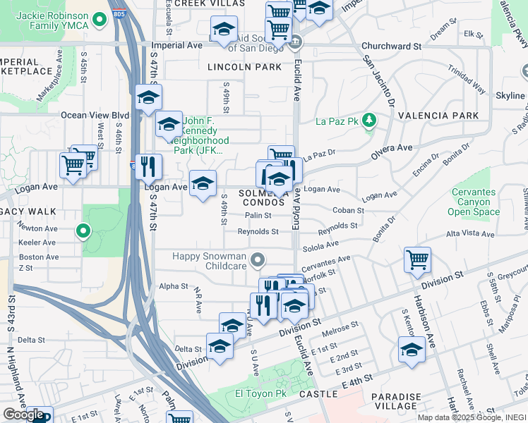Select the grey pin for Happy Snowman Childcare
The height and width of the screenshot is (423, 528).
258,261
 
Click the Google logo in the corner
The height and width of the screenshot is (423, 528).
23,415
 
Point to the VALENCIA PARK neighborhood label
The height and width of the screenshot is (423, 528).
438,116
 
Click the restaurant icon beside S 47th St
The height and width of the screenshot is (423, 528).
148,166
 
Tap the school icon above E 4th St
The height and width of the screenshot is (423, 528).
412,349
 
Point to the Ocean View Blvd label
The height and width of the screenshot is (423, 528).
95,115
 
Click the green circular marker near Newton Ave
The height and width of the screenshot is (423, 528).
83,231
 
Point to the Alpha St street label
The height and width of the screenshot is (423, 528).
174,286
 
